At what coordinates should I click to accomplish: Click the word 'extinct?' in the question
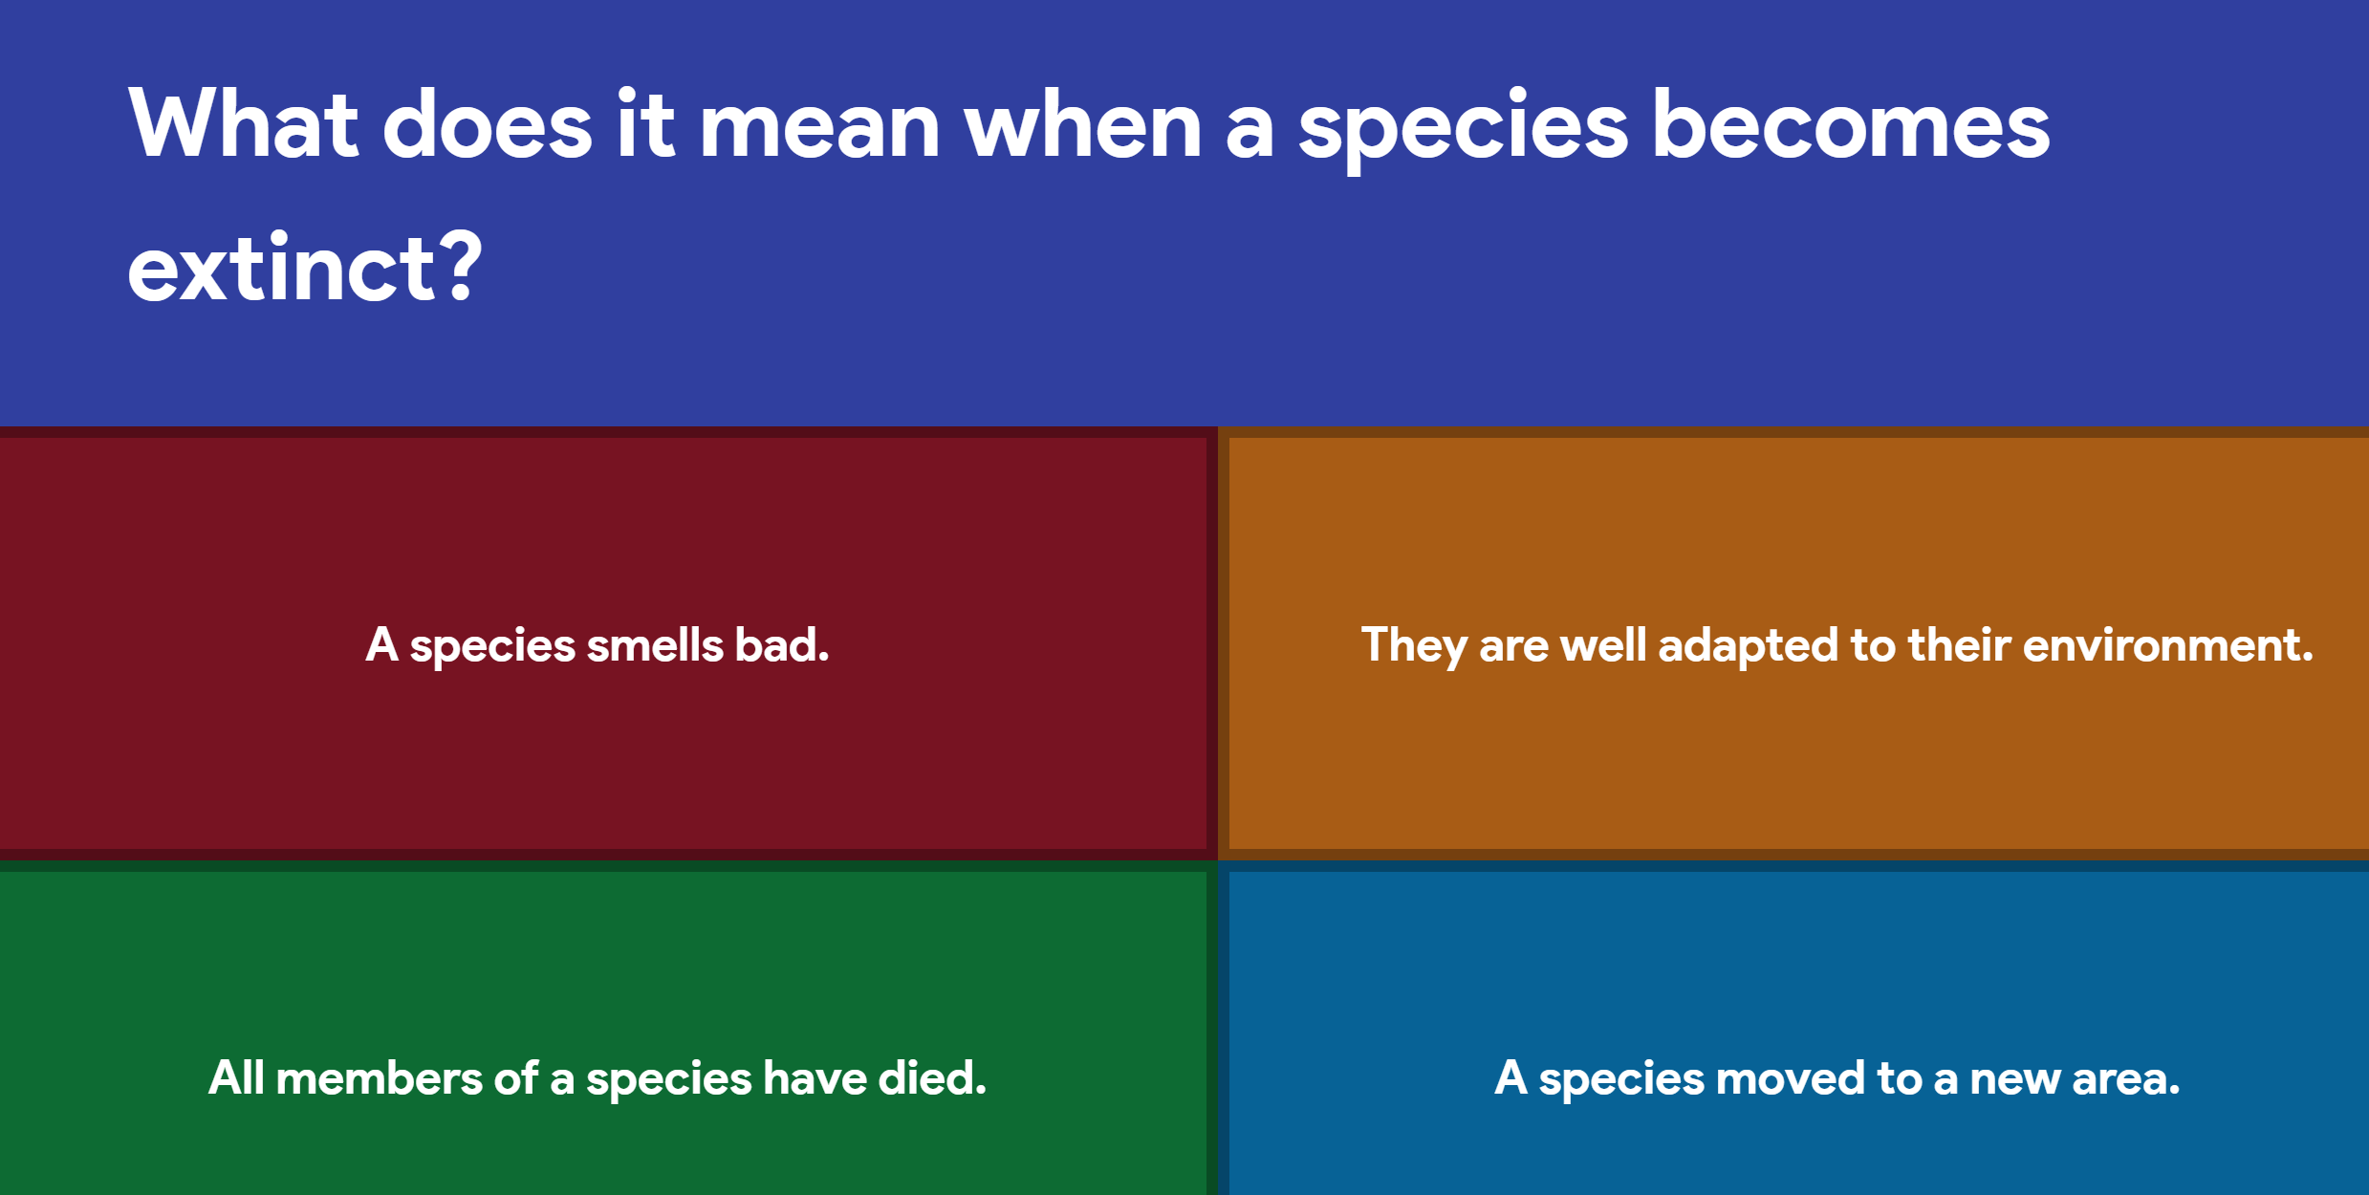pyautogui.click(x=304, y=269)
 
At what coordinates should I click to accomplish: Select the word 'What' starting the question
pyautogui.click(x=243, y=124)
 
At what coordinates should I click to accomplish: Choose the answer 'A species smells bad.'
pyautogui.click(x=598, y=644)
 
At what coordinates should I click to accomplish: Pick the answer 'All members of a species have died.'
pyautogui.click(x=598, y=1078)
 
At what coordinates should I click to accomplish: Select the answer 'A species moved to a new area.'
pyautogui.click(x=1837, y=1078)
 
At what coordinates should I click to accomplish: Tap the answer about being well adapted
pyautogui.click(x=1837, y=644)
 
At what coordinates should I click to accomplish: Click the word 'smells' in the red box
pyautogui.click(x=655, y=644)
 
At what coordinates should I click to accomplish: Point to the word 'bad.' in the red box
pyautogui.click(x=781, y=644)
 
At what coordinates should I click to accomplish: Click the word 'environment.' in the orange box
pyautogui.click(x=2167, y=644)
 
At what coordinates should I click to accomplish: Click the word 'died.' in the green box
pyautogui.click(x=932, y=1078)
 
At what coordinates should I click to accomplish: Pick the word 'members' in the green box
pyautogui.click(x=379, y=1078)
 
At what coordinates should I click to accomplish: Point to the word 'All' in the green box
pyautogui.click(x=236, y=1077)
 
